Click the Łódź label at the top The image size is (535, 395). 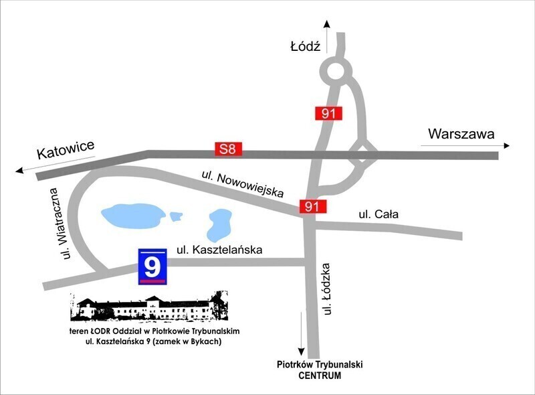tap(306, 47)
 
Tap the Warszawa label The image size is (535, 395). tap(461, 133)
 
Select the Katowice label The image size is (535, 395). tap(66, 151)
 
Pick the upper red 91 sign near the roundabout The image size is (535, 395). tap(328, 113)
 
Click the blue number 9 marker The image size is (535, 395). tap(152, 267)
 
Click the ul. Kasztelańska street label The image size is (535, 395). tap(219, 250)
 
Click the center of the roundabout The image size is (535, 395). tap(336, 70)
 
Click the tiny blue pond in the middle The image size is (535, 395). tap(177, 216)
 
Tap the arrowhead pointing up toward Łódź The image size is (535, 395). tap(327, 24)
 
